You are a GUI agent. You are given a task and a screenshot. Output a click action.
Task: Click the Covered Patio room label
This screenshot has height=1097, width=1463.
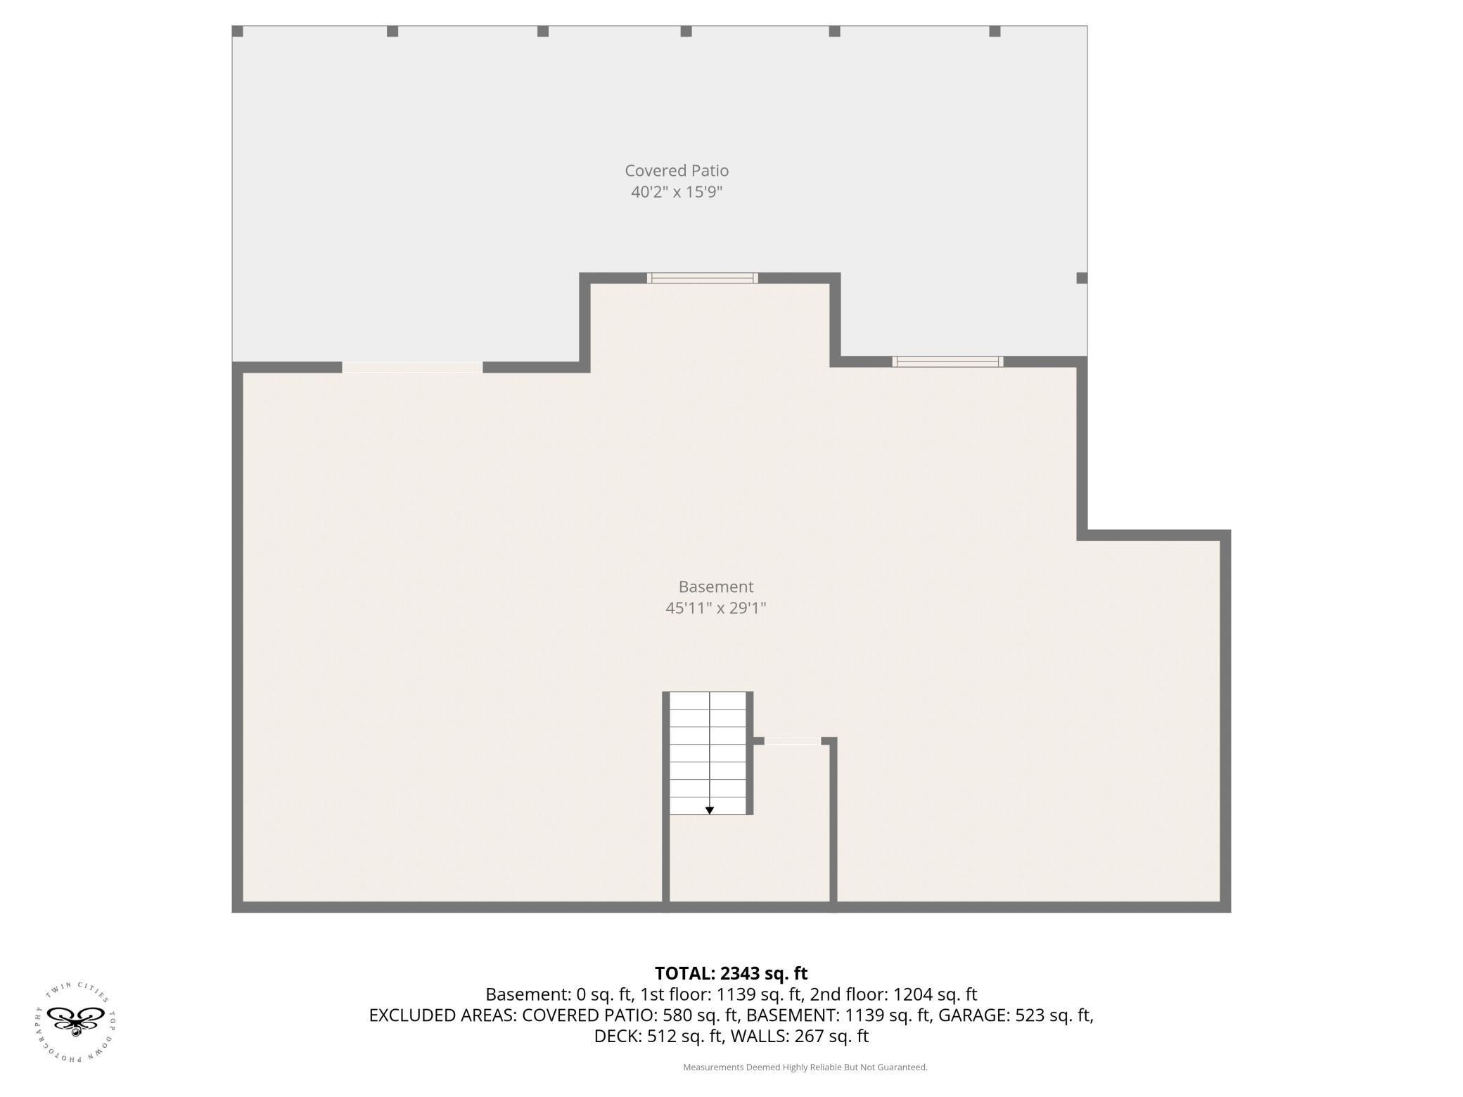coord(677,171)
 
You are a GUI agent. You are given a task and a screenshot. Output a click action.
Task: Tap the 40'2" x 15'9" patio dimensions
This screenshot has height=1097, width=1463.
coord(677,192)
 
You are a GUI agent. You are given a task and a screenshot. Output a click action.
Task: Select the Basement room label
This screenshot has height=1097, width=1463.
coord(716,586)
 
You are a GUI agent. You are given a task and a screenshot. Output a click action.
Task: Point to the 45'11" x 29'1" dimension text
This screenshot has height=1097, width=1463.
coord(716,608)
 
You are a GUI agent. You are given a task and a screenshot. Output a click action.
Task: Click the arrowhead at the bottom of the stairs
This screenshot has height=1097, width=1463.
coord(710,811)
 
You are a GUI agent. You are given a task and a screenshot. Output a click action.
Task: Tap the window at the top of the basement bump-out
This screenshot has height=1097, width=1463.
coord(702,278)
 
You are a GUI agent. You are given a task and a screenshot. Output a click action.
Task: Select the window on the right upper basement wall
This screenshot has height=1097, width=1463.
coord(947,361)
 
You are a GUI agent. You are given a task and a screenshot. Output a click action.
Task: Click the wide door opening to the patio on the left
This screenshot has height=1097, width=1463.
coord(412,367)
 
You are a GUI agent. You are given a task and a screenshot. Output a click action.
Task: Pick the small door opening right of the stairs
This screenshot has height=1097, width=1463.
coord(792,740)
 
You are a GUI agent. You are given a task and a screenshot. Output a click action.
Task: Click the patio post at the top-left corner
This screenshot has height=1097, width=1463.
coord(238,32)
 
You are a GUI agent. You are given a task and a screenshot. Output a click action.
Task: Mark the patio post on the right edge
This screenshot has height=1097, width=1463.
coord(1082,278)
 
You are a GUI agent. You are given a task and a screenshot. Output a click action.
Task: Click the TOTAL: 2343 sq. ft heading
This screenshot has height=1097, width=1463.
coord(731,973)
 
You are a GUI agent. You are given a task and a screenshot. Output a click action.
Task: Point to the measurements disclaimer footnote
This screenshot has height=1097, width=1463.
coord(805,1067)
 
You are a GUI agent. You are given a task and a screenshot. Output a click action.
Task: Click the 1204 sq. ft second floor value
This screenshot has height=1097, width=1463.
coord(935,994)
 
